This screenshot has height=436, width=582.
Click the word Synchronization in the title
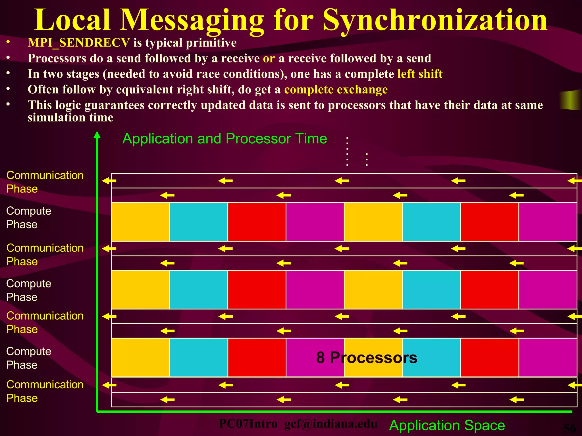pyautogui.click(x=435, y=20)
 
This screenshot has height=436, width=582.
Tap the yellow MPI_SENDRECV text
pyautogui.click(x=79, y=43)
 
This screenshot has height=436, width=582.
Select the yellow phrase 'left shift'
pyautogui.click(x=420, y=74)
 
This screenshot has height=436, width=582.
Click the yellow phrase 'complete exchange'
pyautogui.click(x=336, y=89)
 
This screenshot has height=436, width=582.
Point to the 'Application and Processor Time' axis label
pyautogui.click(x=225, y=139)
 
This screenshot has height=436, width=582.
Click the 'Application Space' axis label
pyautogui.click(x=447, y=425)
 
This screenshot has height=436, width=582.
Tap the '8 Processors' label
pyautogui.click(x=367, y=357)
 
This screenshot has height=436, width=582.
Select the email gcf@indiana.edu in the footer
pyautogui.click(x=331, y=424)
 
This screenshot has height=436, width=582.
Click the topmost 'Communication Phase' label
pyautogui.click(x=45, y=182)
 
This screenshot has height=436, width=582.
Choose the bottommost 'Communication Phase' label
pyautogui.click(x=45, y=391)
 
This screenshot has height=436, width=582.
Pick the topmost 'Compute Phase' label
pyautogui.click(x=29, y=217)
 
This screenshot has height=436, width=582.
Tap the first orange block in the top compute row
pyautogui.click(x=140, y=222)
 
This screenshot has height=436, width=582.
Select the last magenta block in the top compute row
pyautogui.click(x=548, y=222)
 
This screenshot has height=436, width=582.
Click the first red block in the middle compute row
pyautogui.click(x=257, y=290)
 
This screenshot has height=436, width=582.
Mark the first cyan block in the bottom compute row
pyautogui.click(x=199, y=357)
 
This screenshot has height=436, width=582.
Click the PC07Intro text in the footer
pyautogui.click(x=248, y=424)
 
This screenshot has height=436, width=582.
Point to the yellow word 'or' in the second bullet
pyautogui.click(x=269, y=58)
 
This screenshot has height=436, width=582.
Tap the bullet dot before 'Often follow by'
pyautogui.click(x=9, y=89)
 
